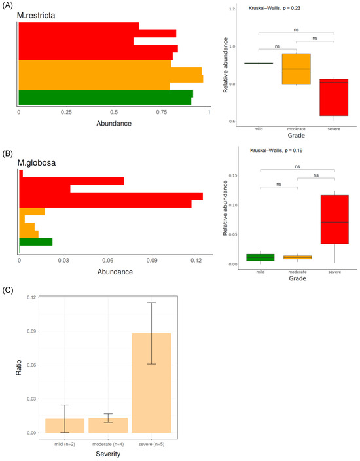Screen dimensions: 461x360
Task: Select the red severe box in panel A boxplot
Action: [x=320, y=97]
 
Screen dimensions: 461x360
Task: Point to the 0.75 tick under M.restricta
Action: [x=161, y=113]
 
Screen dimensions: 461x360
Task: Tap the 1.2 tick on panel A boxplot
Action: [x=232, y=9]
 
